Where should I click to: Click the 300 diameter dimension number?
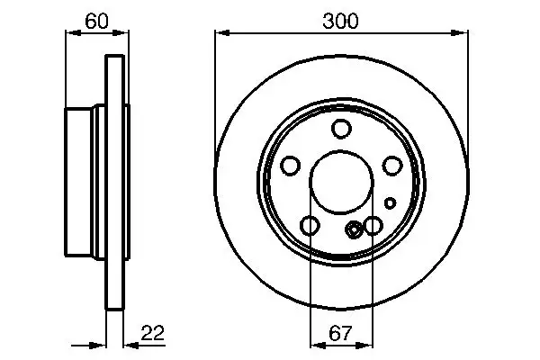pyautogui.click(x=341, y=21)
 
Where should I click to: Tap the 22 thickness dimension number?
pyautogui.click(x=155, y=334)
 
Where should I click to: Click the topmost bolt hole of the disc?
pyautogui.click(x=341, y=129)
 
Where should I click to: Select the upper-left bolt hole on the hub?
pyautogui.click(x=290, y=166)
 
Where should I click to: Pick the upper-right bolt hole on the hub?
pyautogui.click(x=392, y=166)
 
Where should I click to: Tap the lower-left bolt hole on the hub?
pyautogui.click(x=310, y=226)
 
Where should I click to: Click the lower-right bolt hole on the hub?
pyautogui.click(x=373, y=226)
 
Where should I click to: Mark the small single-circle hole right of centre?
pyautogui.click(x=391, y=202)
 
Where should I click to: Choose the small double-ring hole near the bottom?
pyautogui.click(x=354, y=229)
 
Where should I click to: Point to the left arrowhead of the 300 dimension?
pyautogui.click(x=220, y=33)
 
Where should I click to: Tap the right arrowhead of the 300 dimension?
pyautogui.click(x=463, y=33)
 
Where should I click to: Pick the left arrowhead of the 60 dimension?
pyautogui.click(x=71, y=34)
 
